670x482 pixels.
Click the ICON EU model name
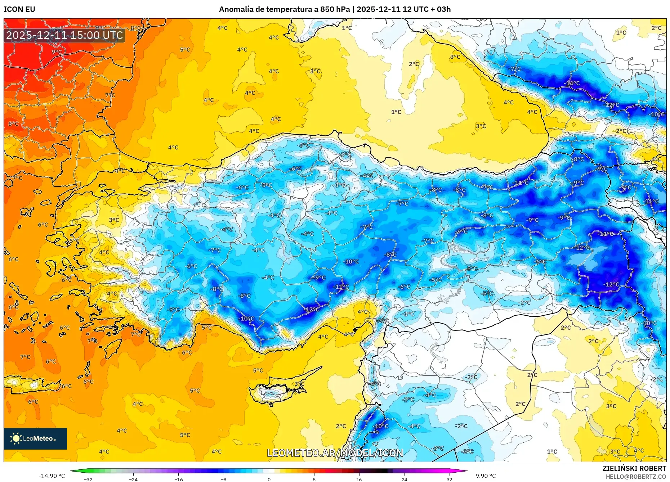click(x=19, y=9)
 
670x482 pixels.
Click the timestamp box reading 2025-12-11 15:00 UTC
click(x=64, y=35)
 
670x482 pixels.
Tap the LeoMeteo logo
click(x=35, y=438)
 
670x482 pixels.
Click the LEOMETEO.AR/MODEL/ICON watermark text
click(x=335, y=453)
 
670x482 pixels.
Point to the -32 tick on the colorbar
click(x=88, y=479)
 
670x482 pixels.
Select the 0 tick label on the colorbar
click(x=269, y=479)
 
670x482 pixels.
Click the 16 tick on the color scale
click(x=359, y=479)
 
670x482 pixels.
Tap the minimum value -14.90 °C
click(x=52, y=476)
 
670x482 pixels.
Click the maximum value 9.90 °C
click(x=486, y=476)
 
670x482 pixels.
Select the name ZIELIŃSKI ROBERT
click(x=634, y=468)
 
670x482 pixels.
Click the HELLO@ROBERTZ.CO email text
click(x=636, y=477)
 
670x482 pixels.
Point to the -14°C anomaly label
click(x=572, y=84)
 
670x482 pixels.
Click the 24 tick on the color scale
click(x=404, y=479)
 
